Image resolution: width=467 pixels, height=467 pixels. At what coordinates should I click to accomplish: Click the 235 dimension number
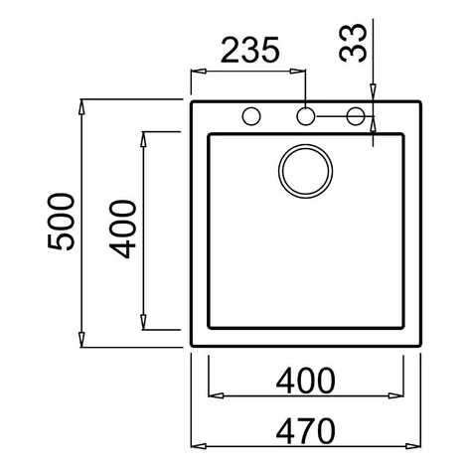coord(250,50)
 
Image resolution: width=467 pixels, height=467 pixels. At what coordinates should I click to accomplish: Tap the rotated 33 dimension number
coord(353,43)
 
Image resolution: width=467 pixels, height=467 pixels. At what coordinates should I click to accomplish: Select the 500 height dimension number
coord(62,222)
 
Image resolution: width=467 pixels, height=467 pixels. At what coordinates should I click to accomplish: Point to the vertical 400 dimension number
coord(122,230)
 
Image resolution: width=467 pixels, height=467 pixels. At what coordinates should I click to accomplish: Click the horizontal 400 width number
coord(305,381)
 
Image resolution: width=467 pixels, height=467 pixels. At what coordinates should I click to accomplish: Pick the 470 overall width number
coord(305,431)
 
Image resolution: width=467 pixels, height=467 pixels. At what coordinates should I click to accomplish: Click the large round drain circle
coord(305,171)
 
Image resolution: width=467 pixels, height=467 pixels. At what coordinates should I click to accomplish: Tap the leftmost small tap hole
coord(251,116)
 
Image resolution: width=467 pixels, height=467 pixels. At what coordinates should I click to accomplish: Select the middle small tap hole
coord(305,116)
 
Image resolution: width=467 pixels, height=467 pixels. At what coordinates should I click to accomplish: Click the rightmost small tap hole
coord(356,116)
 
